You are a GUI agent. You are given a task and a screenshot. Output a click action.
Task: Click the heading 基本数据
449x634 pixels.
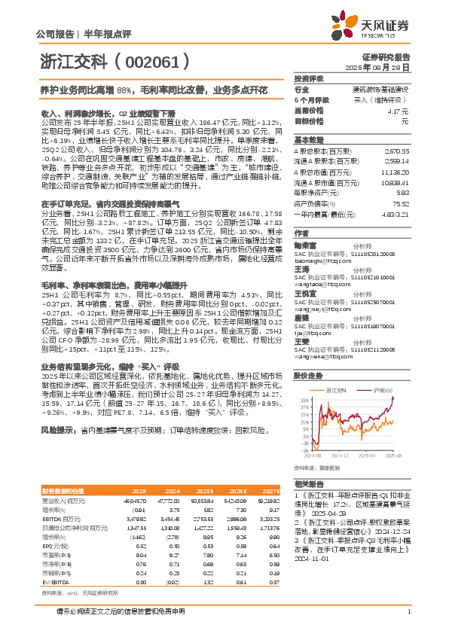(x=308, y=140)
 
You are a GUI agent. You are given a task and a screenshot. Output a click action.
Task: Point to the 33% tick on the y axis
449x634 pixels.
(x=303, y=398)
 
